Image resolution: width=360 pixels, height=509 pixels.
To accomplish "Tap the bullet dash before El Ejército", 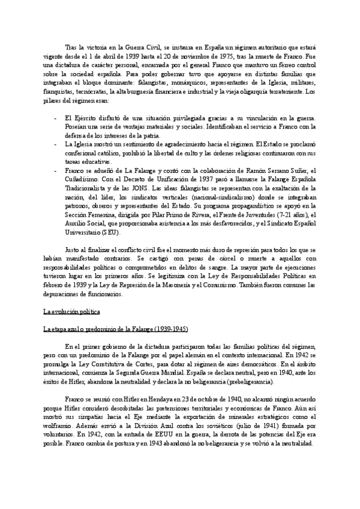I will pyautogui.click(x=56, y=118).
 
